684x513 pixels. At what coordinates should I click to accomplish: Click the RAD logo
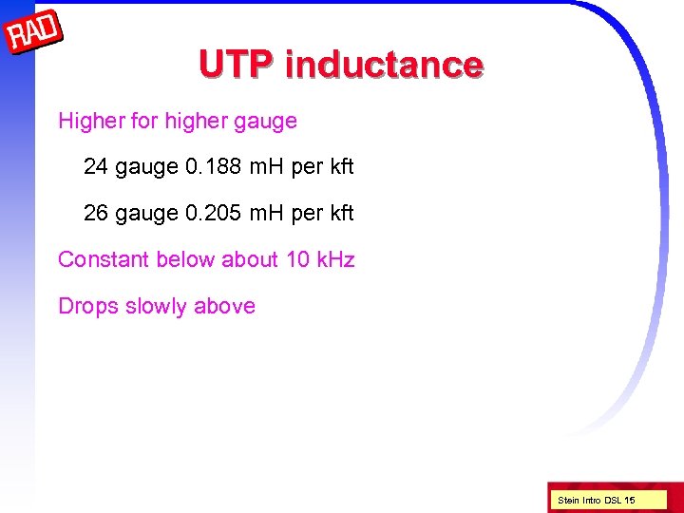coord(34,35)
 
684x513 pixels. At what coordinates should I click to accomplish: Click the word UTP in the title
coord(237,65)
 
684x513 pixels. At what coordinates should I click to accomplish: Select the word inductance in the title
coord(384,65)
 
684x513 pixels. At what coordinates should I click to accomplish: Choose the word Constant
coord(104,259)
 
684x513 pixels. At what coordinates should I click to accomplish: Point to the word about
coord(250,259)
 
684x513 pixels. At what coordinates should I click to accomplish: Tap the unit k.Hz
coord(333,259)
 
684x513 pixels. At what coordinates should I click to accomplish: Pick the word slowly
coord(156,306)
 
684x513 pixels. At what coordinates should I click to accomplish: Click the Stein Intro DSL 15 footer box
coord(597,500)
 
